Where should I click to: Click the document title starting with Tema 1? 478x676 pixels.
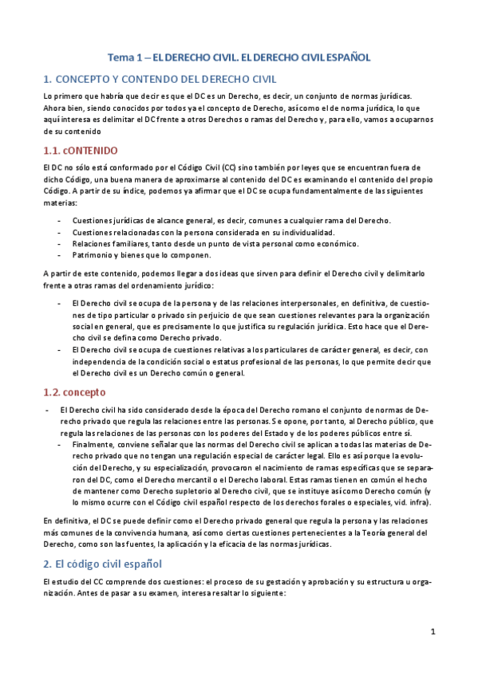(x=239, y=57)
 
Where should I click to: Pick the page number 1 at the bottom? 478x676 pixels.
(x=433, y=632)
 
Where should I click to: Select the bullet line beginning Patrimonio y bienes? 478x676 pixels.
(x=140, y=255)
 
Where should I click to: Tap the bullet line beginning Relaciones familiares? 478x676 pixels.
(x=215, y=243)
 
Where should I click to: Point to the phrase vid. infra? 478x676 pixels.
(x=412, y=503)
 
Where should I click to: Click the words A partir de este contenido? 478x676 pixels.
(x=87, y=273)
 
